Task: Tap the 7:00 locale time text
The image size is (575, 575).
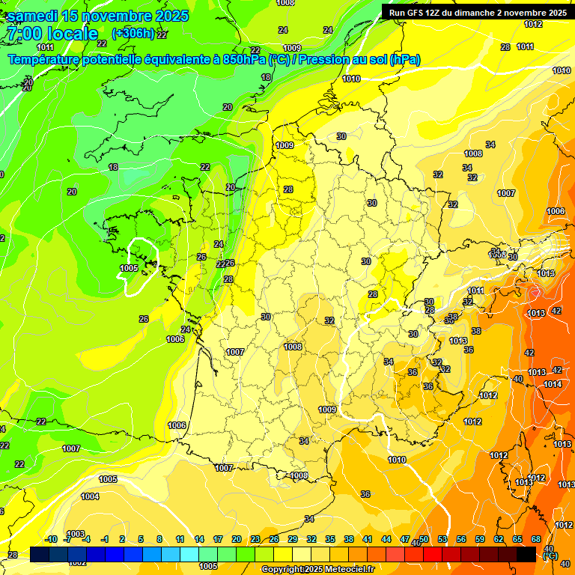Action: [x=52, y=34]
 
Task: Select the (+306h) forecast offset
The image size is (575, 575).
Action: [x=133, y=34]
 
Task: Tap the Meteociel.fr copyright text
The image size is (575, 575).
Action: [x=318, y=569]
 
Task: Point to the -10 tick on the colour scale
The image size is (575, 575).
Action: [x=51, y=539]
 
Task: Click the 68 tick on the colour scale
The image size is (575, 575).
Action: [x=536, y=539]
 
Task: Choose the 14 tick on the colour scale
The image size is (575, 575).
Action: [x=199, y=539]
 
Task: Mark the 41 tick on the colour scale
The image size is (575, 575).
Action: [x=368, y=539]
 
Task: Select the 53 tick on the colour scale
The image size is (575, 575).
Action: [x=442, y=539]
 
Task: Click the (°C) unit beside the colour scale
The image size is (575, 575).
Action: [x=550, y=556]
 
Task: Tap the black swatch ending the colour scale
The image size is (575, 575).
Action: [x=526, y=554]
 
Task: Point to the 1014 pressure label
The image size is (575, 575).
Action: [x=553, y=384]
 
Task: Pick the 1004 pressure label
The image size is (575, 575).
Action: [x=90, y=496]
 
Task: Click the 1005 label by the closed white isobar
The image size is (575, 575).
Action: [x=129, y=267]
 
